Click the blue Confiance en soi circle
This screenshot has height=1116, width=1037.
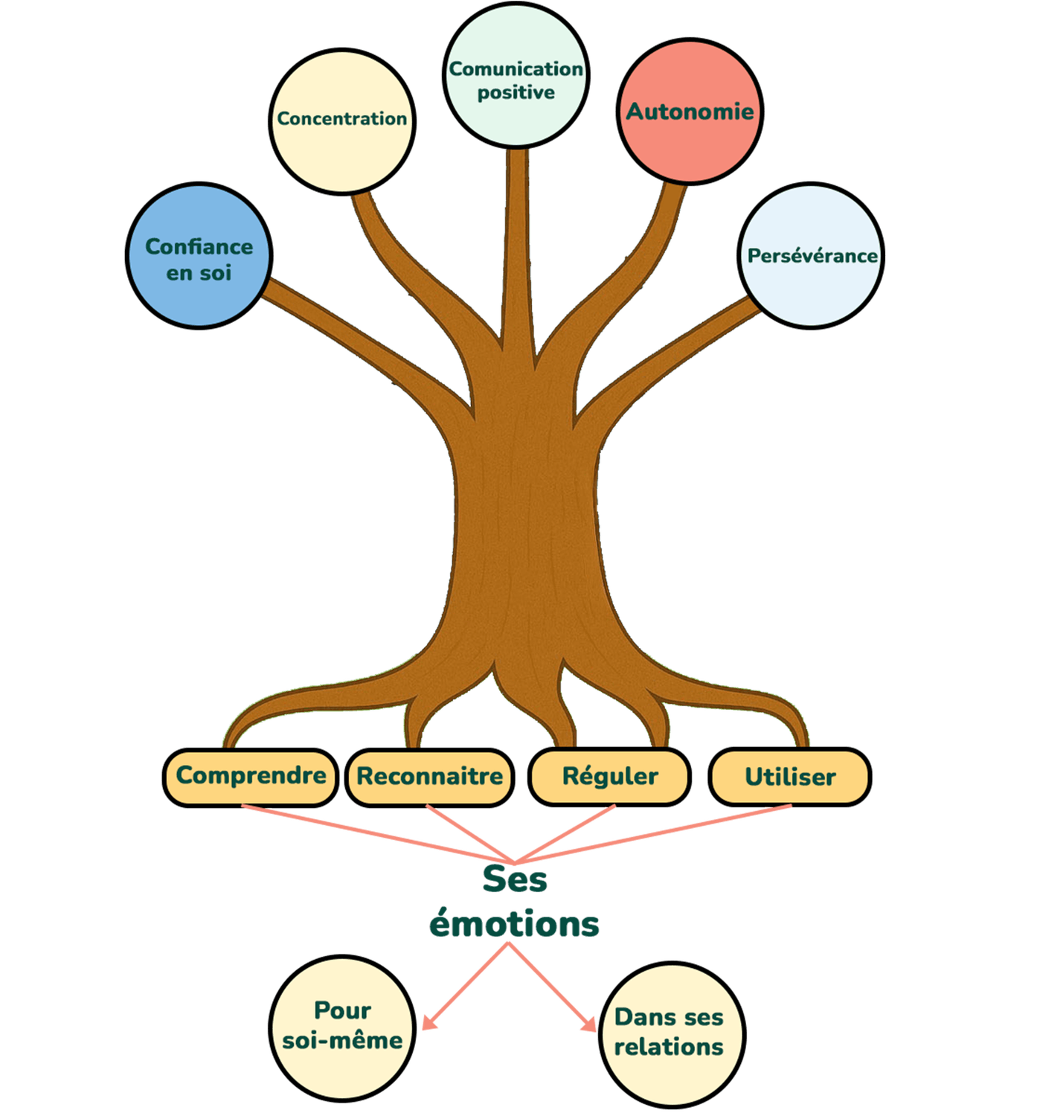[x=199, y=256]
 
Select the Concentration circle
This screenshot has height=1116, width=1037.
[x=342, y=121]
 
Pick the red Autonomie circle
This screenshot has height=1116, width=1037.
[x=690, y=112]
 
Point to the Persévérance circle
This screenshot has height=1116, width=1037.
[x=812, y=256]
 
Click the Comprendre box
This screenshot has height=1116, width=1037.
[x=250, y=776]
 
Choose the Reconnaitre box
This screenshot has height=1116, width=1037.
[x=429, y=777]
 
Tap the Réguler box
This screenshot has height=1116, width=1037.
[x=609, y=777]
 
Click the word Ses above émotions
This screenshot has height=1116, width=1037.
[x=515, y=879]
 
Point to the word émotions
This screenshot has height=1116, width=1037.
[x=515, y=924]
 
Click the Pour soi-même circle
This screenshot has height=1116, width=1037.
[x=342, y=1027]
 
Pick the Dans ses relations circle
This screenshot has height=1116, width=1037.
[x=670, y=1033]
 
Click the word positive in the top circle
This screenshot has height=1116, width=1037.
[x=516, y=93]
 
